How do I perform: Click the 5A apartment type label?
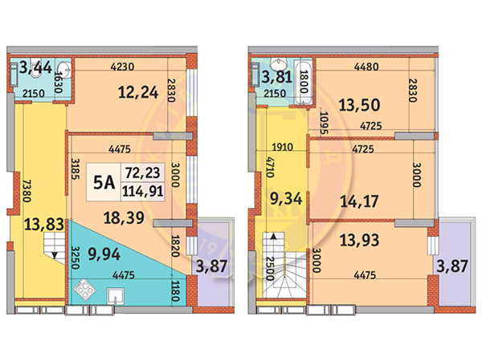[104, 183]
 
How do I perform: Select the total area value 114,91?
[143, 192]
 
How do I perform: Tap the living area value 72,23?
[143, 172]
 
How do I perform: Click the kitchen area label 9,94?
[104, 254]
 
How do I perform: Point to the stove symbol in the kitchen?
[84, 290]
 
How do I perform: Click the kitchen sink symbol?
[115, 296]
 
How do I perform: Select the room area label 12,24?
[138, 92]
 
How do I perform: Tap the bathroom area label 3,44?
[35, 67]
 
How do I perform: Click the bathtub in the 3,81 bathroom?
[303, 82]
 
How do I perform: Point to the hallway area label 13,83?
[44, 225]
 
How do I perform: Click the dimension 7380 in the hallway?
[27, 191]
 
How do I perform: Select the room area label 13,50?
[359, 105]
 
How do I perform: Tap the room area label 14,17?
[359, 201]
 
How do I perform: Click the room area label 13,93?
[359, 240]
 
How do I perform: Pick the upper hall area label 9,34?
[286, 199]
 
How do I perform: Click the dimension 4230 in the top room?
[122, 67]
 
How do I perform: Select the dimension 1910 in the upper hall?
[282, 147]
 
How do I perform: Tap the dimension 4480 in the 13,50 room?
[366, 67]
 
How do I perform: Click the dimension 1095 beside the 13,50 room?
[324, 123]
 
